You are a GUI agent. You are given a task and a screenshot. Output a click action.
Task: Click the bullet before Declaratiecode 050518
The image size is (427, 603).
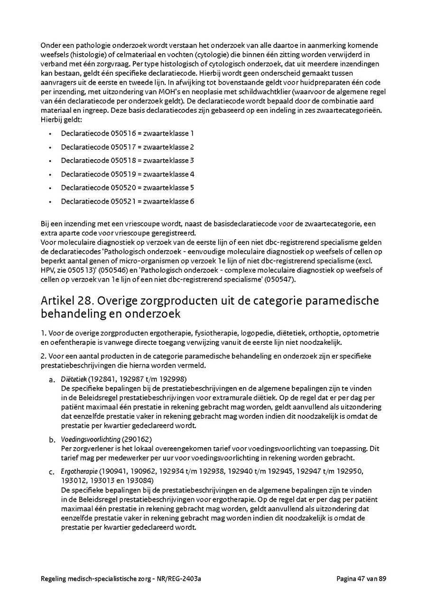click(x=50, y=161)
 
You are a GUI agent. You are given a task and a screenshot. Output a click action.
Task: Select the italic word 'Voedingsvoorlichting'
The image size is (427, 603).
click(x=91, y=439)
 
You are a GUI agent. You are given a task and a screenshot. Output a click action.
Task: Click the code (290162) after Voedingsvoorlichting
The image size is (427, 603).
click(x=137, y=439)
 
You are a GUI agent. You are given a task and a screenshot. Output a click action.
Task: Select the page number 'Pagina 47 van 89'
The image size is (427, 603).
click(x=362, y=578)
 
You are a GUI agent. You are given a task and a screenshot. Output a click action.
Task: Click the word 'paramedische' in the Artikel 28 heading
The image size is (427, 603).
click(x=338, y=301)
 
